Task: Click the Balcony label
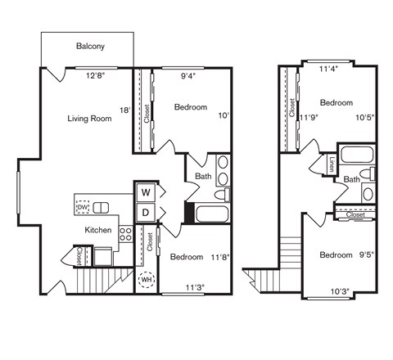pos(90,47)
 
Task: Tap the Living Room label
pos(89,119)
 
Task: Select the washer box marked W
pos(146,192)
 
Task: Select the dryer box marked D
pos(146,213)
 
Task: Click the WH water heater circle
pos(147,280)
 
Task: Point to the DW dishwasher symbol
pos(82,207)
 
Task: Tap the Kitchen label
pos(98,230)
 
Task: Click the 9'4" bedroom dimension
pos(188,77)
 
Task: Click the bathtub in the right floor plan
pos(354,155)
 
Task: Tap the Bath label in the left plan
pos(203,176)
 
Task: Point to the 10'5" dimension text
pos(365,117)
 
